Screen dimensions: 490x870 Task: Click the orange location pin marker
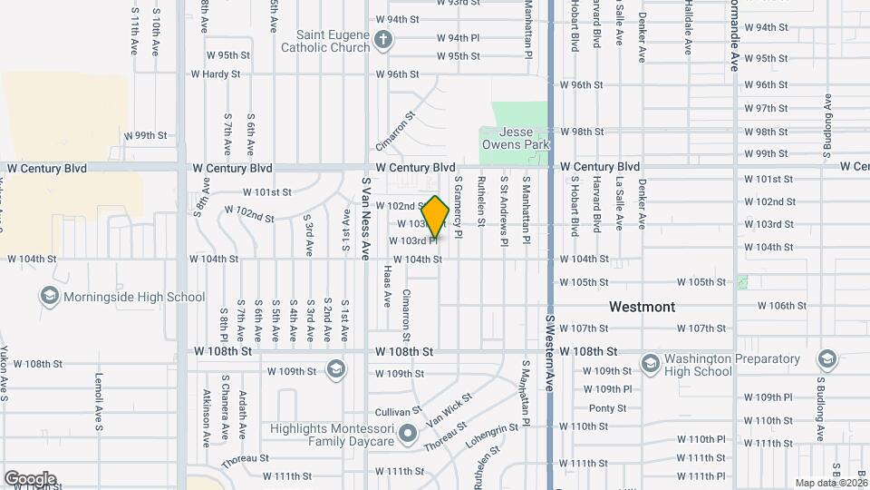coord(436,218)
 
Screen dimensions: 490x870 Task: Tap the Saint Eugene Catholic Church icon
coord(383,40)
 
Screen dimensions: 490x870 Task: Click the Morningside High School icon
coord(49,297)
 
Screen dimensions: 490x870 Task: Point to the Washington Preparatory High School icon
coord(649,364)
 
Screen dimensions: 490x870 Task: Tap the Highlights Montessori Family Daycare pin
coord(408,434)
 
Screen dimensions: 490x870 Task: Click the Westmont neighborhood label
coord(642,307)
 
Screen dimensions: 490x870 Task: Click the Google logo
coord(30,478)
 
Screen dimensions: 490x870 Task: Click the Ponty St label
coord(607,408)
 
